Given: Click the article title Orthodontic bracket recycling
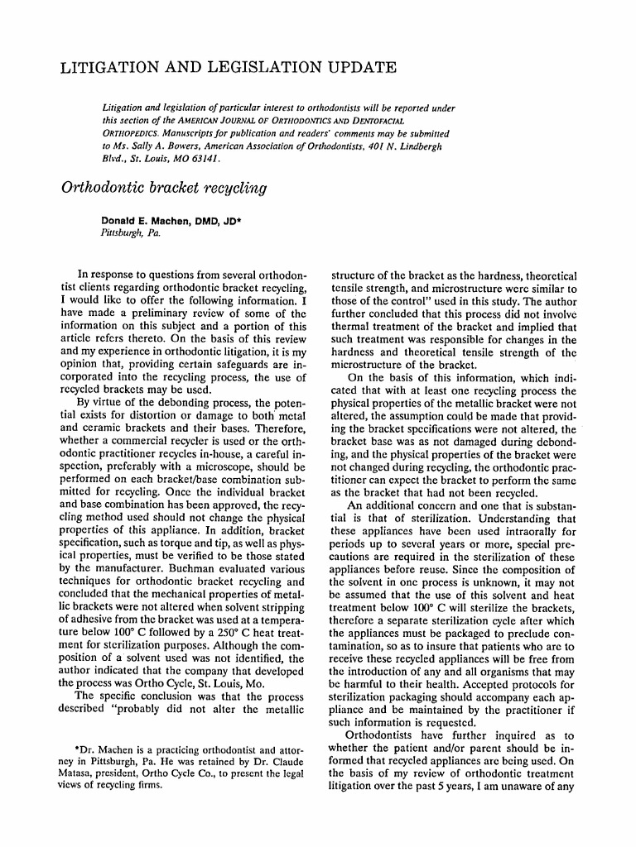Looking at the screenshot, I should pyautogui.click(x=164, y=188).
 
